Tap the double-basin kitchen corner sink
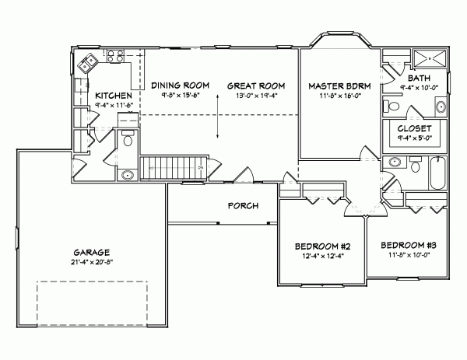click(86, 61)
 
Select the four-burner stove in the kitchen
click(116, 56)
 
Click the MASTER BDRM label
click(333, 86)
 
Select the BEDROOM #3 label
click(406, 244)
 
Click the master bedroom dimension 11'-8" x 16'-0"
click(333, 95)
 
